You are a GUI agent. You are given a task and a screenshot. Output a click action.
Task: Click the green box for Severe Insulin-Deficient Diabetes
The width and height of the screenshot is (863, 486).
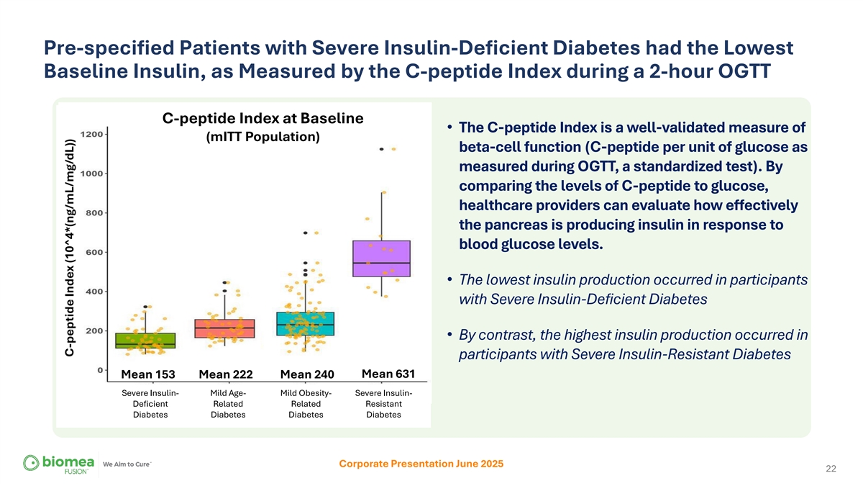pyautogui.click(x=145, y=341)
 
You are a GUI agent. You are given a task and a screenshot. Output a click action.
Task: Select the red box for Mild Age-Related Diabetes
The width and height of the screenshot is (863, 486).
pyautogui.click(x=225, y=328)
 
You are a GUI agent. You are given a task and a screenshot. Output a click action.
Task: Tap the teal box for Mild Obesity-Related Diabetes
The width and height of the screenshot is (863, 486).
pyautogui.click(x=305, y=323)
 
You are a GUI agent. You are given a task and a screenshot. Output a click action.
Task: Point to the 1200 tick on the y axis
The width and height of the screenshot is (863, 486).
pyautogui.click(x=95, y=134)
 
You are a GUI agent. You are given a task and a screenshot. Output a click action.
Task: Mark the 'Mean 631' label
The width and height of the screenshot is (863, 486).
pyautogui.click(x=388, y=374)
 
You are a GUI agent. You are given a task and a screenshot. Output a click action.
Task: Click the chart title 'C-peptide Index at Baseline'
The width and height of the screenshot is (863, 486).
pyautogui.click(x=262, y=118)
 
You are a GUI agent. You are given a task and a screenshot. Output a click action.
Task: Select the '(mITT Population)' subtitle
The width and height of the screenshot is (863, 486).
pyautogui.click(x=263, y=137)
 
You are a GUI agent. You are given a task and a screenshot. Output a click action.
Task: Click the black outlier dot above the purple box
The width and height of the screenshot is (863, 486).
pyautogui.click(x=381, y=149)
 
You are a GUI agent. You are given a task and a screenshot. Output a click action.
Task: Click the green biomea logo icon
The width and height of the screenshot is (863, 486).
pyautogui.click(x=33, y=463)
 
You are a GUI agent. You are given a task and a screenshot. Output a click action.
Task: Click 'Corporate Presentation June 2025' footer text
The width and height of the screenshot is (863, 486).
pyautogui.click(x=421, y=464)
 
